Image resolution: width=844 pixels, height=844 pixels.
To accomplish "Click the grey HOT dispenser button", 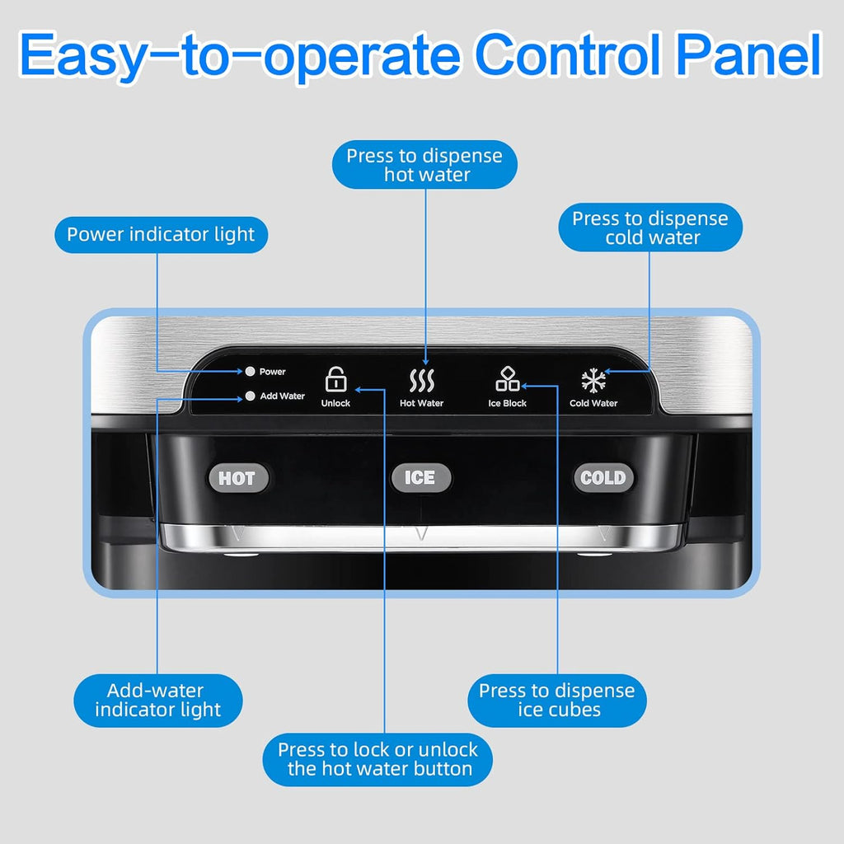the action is pyautogui.click(x=238, y=478).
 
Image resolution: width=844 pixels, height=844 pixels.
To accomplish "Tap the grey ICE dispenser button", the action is pyautogui.click(x=421, y=477).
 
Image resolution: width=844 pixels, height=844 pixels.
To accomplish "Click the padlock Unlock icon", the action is pyautogui.click(x=336, y=379).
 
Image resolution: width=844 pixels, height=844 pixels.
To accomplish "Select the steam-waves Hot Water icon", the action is pyautogui.click(x=421, y=381).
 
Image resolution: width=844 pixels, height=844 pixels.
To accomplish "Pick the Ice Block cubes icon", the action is pyautogui.click(x=508, y=378).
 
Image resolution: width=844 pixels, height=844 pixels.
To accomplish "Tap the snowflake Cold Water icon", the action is pyautogui.click(x=593, y=380).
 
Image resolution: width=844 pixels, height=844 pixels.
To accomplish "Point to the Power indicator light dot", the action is pyautogui.click(x=250, y=372).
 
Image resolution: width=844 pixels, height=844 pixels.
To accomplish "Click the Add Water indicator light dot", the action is pyautogui.click(x=250, y=396).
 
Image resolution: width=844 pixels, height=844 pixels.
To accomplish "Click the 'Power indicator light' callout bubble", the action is pyautogui.click(x=161, y=235).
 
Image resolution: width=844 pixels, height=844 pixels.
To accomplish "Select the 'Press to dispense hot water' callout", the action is pyautogui.click(x=424, y=165).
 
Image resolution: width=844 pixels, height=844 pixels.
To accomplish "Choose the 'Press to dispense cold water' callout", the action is pyautogui.click(x=650, y=227).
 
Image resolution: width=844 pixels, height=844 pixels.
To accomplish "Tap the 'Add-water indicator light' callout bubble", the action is pyautogui.click(x=157, y=701).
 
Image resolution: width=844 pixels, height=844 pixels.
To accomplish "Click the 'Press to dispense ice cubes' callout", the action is pyautogui.click(x=557, y=701).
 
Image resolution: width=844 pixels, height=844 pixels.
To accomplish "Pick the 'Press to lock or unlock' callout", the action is pyautogui.click(x=377, y=759).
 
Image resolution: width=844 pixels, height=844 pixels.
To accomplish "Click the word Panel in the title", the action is pyautogui.click(x=748, y=55).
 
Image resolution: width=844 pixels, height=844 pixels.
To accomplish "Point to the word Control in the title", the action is pyautogui.click(x=569, y=55).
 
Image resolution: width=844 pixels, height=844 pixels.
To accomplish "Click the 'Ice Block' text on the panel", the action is pyautogui.click(x=507, y=403).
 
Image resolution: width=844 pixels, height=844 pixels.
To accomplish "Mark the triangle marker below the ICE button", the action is pyautogui.click(x=421, y=533).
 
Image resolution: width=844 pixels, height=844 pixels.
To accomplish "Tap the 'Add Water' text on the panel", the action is pyautogui.click(x=282, y=396).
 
